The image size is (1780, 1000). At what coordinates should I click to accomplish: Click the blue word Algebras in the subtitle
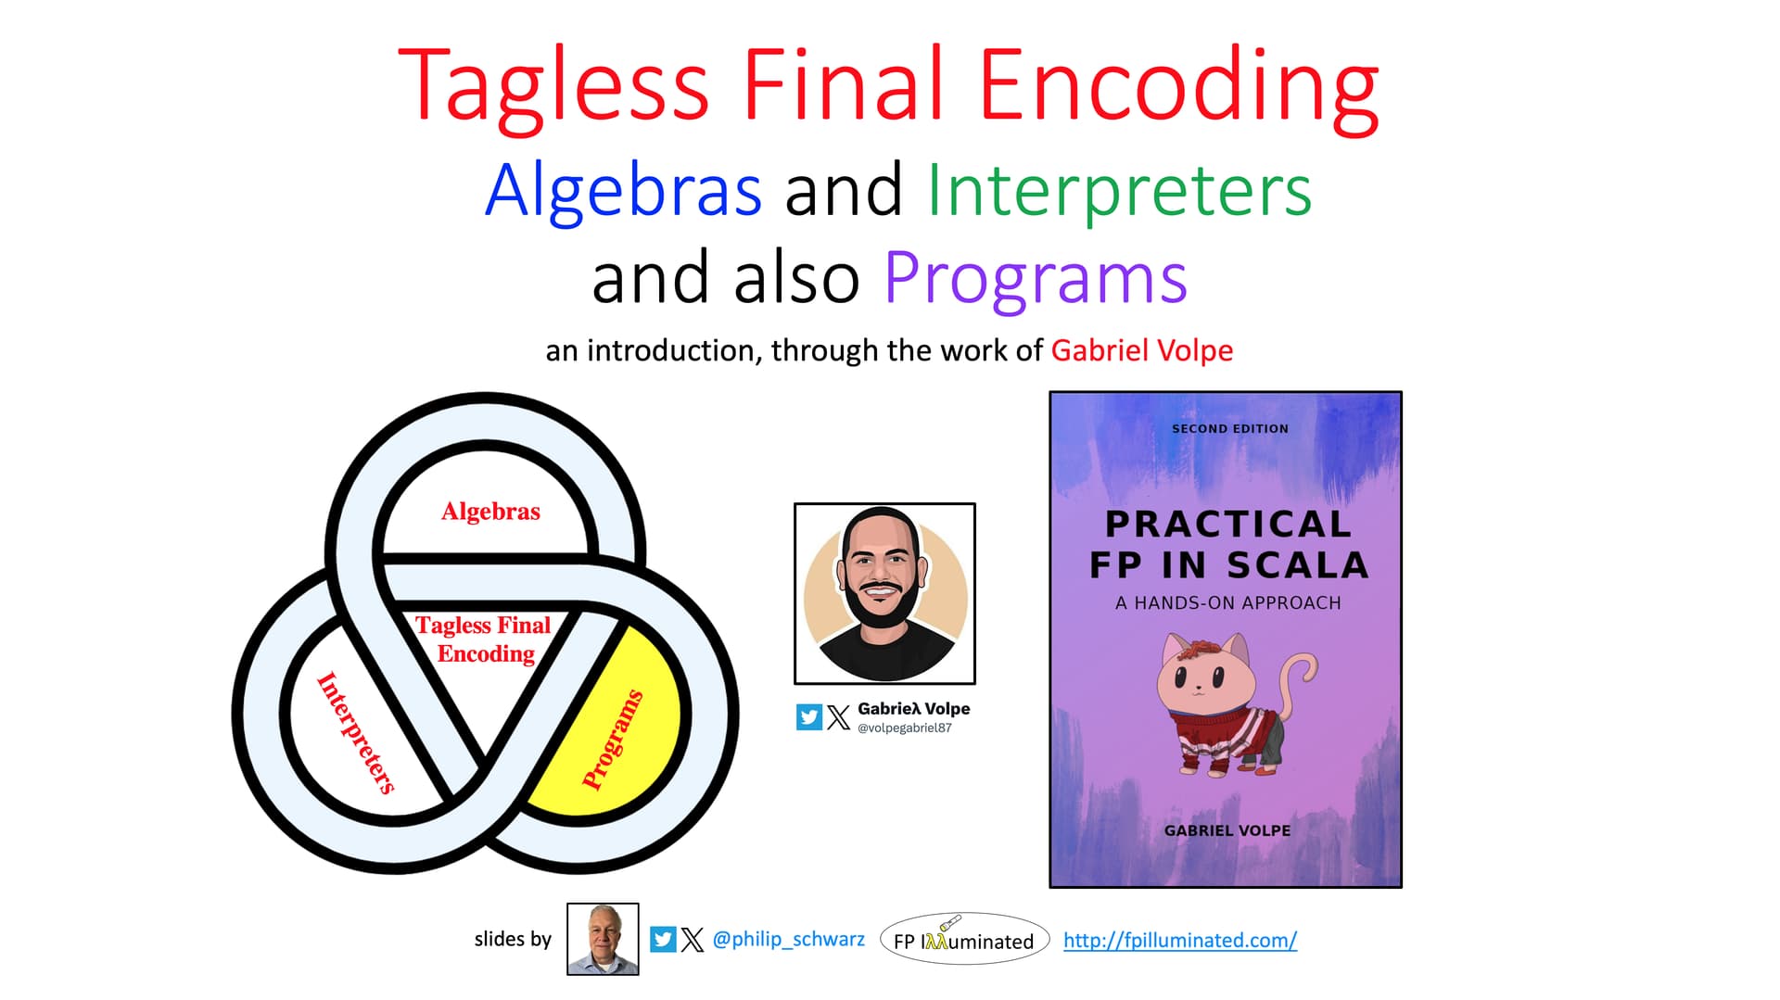[623, 190]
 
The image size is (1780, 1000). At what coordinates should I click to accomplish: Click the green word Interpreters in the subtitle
[1119, 190]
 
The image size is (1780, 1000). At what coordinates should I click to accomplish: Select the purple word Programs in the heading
[1036, 278]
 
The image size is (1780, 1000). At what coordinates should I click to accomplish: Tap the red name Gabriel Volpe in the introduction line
[1141, 350]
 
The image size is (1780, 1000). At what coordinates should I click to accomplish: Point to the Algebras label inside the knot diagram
[490, 512]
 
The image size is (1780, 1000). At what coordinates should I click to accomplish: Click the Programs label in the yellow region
[613, 740]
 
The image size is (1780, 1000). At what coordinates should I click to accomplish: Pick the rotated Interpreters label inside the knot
[356, 733]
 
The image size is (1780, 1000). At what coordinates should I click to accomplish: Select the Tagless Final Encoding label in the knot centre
[484, 639]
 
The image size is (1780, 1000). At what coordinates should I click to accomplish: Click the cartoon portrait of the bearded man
[884, 593]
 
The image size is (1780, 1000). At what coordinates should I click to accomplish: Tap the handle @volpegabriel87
[904, 728]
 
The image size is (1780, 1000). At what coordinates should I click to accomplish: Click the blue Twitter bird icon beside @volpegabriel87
[809, 717]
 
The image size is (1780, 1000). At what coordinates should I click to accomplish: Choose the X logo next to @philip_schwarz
[693, 940]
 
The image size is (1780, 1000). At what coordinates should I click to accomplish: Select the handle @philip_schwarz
[788, 939]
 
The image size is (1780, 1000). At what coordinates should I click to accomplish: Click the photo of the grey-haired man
[603, 939]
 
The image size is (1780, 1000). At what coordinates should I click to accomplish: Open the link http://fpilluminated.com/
[1179, 940]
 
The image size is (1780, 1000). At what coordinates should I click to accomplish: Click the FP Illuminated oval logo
[964, 940]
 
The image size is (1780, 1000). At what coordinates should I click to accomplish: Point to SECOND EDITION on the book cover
[1230, 429]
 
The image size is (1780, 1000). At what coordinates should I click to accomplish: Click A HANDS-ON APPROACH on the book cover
[1228, 603]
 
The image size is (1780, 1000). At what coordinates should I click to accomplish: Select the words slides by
[513, 939]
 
